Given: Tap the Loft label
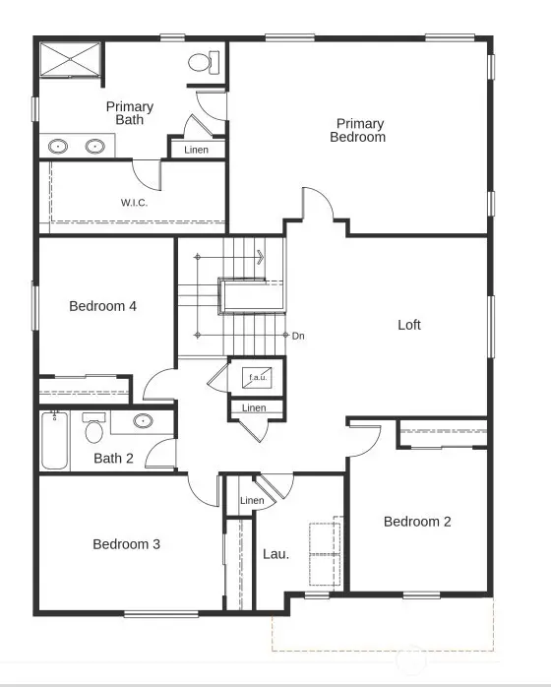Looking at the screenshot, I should [409, 325].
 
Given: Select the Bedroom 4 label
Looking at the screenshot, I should [102, 306].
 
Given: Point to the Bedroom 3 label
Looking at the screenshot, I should [126, 544].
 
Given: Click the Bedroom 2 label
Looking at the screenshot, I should [417, 522].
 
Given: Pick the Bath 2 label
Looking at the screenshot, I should [113, 458].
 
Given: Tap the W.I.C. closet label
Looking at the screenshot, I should [135, 204].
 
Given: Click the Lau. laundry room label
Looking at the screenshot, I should [275, 554].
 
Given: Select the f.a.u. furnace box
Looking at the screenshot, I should [258, 377].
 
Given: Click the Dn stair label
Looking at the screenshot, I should [298, 336].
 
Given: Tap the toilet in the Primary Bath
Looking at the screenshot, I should [200, 62].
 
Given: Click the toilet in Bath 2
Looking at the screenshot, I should [94, 430].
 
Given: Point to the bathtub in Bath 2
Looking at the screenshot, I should [54, 442].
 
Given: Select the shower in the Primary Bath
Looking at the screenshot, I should [70, 59].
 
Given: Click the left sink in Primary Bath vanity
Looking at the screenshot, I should [58, 147].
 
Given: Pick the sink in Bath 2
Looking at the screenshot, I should [143, 422].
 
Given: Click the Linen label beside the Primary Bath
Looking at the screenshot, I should [196, 150].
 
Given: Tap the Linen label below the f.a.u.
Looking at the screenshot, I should [254, 407].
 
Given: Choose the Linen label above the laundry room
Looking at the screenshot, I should [252, 502].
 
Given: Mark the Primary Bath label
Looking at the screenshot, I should [130, 113].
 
